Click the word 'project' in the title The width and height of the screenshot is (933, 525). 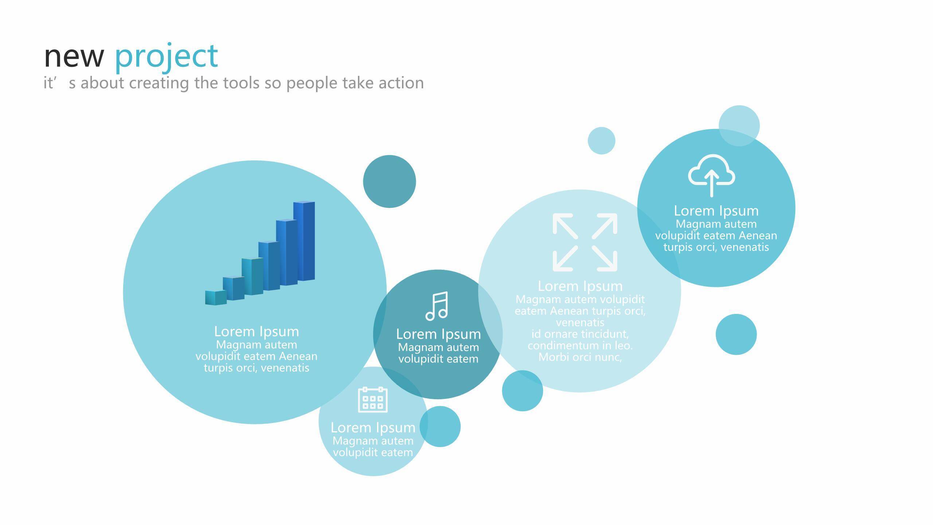[x=166, y=57]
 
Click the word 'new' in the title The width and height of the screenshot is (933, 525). [x=74, y=57]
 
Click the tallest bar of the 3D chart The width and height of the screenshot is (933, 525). [x=304, y=241]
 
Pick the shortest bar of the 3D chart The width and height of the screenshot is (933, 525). [x=216, y=297]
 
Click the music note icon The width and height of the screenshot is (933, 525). [x=437, y=306]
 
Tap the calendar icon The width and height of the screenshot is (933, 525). [x=373, y=400]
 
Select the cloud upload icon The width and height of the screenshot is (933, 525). [x=711, y=175]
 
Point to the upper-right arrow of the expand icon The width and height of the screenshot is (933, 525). [x=605, y=226]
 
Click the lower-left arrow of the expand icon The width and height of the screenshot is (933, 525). [x=565, y=258]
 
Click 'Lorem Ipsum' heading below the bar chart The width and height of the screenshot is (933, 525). [x=257, y=331]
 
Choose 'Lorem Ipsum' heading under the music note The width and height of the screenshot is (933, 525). [x=438, y=334]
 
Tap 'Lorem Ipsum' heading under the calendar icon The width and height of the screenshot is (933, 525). [x=373, y=427]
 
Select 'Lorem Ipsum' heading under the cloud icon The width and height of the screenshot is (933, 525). [x=716, y=211]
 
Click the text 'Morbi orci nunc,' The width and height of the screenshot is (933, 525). [x=580, y=357]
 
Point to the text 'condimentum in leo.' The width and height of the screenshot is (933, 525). [x=580, y=345]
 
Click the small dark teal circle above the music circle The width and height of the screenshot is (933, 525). [x=389, y=182]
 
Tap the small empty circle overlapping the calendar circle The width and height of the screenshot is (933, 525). [x=440, y=427]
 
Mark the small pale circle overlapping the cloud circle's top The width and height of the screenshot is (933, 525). [x=739, y=126]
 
